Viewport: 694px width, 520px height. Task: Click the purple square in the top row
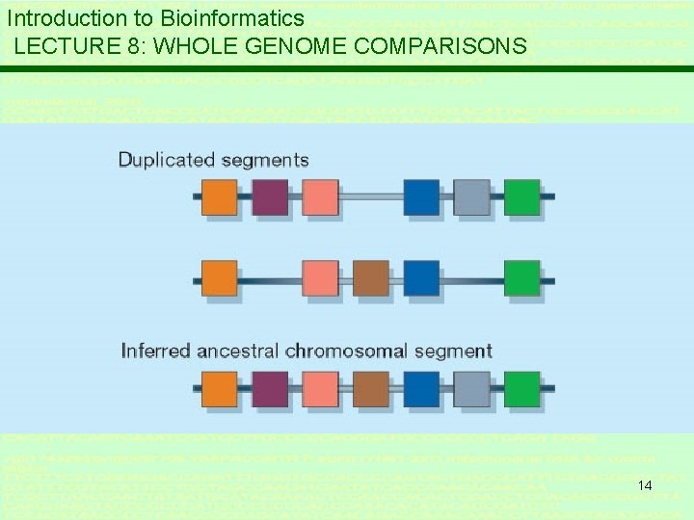pos(271,196)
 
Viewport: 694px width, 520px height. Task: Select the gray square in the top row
pos(471,196)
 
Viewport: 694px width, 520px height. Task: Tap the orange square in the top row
pos(221,196)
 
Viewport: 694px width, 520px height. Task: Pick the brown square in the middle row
pos(371,278)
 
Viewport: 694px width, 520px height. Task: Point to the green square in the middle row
pos(521,278)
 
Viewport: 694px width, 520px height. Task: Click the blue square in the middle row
pos(421,278)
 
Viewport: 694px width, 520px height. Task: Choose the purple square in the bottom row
pos(271,389)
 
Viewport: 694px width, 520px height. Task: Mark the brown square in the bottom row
pos(371,389)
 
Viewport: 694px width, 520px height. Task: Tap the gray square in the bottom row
pos(471,389)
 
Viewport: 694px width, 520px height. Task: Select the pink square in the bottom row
pos(321,389)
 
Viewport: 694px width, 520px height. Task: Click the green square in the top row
pos(521,196)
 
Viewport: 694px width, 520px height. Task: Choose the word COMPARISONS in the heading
pos(452,46)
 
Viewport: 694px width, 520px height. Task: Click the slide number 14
pos(645,486)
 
